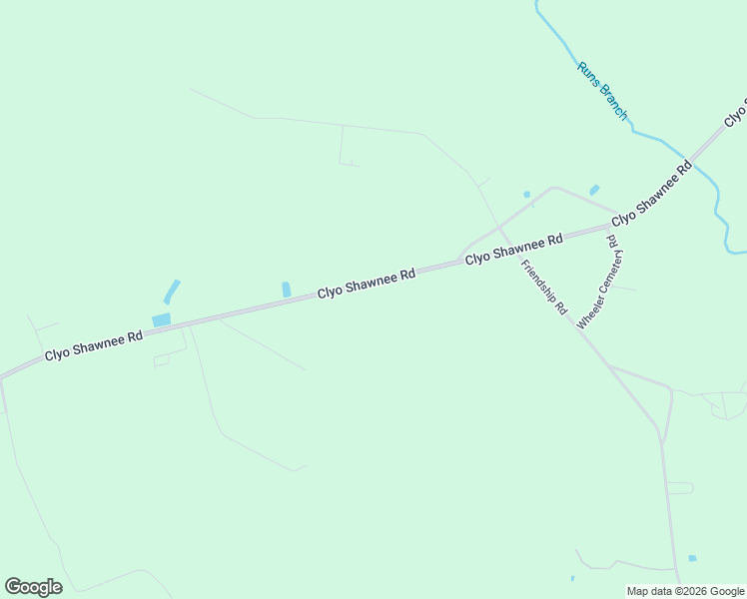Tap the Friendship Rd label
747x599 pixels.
point(543,288)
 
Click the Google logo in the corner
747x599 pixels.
point(33,586)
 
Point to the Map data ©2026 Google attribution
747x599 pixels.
point(686,591)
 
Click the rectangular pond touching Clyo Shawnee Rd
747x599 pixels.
point(161,319)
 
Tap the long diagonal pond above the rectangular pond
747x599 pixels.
point(172,292)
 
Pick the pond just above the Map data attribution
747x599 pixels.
point(692,558)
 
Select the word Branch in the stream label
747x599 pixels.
point(610,103)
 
